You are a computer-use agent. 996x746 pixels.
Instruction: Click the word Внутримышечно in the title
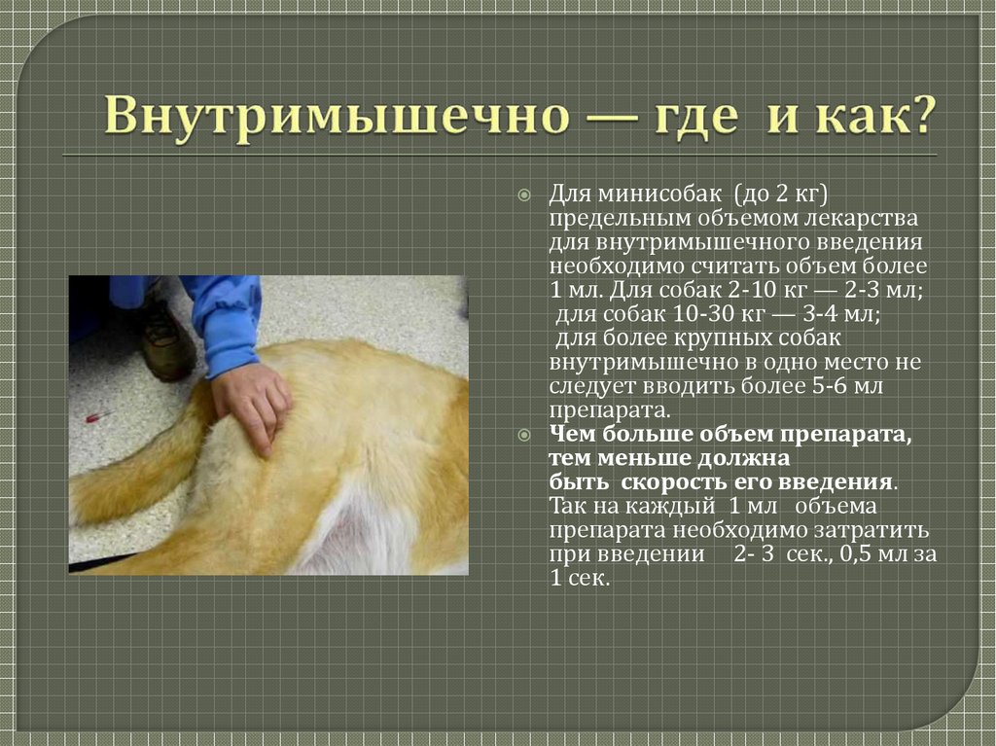click(x=338, y=116)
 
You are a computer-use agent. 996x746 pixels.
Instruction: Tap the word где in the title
click(x=696, y=117)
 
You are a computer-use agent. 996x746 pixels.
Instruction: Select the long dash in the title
click(x=613, y=119)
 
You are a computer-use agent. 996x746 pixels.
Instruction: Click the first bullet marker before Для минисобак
click(x=524, y=195)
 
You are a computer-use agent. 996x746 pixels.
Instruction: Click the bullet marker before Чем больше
click(x=524, y=436)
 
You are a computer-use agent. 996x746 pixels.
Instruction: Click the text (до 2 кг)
click(x=780, y=195)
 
